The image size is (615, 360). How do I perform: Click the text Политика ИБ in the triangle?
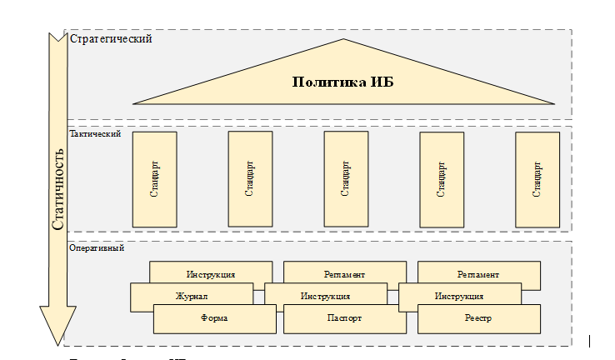point(343,82)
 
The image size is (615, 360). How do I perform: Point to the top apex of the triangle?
point(343,39)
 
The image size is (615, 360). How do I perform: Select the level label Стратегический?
point(111,39)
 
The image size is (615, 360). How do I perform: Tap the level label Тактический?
point(95,133)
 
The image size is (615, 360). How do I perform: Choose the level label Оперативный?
point(97,247)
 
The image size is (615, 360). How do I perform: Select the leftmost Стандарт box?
point(154,179)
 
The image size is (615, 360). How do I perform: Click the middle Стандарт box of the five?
point(346,179)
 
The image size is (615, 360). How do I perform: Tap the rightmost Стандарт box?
point(537,179)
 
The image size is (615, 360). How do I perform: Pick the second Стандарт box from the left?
point(250,179)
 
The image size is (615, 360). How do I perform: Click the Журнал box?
point(192,296)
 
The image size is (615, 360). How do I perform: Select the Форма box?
point(214,318)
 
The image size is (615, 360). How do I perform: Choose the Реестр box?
point(478,318)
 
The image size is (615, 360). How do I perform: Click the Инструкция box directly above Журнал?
point(211,273)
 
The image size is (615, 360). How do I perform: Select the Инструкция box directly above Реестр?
point(459,296)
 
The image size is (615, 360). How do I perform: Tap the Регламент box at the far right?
point(478,273)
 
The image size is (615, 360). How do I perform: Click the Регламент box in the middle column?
point(344,273)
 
